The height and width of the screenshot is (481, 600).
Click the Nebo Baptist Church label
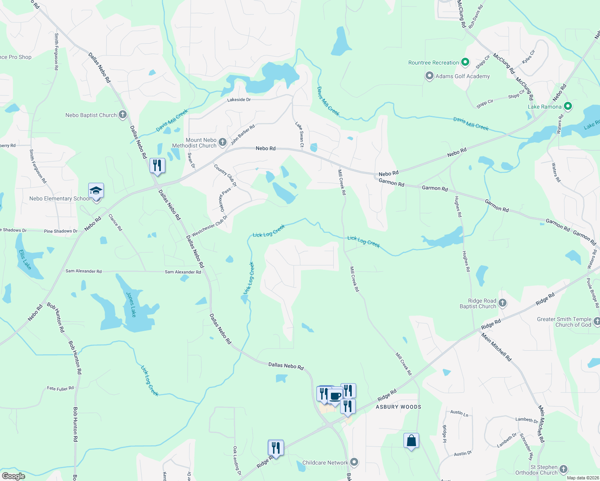[x=91, y=115]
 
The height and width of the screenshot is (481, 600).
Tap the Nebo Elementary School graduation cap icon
[x=96, y=190]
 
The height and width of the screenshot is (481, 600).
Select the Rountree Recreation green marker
[x=465, y=62]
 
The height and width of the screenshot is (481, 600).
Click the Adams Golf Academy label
[x=462, y=76]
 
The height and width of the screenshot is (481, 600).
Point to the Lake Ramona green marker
[x=568, y=106]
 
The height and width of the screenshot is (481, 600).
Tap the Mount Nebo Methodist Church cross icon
[x=223, y=142]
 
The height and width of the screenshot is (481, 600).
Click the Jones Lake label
[x=131, y=304]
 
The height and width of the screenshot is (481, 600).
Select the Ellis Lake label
[x=25, y=259]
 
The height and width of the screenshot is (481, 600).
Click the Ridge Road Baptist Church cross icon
[x=503, y=303]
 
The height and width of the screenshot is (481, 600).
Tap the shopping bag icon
[x=411, y=441]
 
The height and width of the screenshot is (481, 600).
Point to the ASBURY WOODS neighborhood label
[x=398, y=407]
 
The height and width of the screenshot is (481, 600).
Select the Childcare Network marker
[x=354, y=462]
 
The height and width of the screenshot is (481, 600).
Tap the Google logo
[x=14, y=476]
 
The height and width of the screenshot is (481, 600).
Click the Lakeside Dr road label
[x=239, y=99]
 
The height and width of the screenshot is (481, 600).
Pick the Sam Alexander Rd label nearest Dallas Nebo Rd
[x=183, y=272]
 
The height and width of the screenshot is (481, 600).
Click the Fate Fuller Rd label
[x=61, y=388]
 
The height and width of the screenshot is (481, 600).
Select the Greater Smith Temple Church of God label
[x=564, y=322]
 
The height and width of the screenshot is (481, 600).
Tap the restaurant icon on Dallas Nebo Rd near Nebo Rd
[x=157, y=166]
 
